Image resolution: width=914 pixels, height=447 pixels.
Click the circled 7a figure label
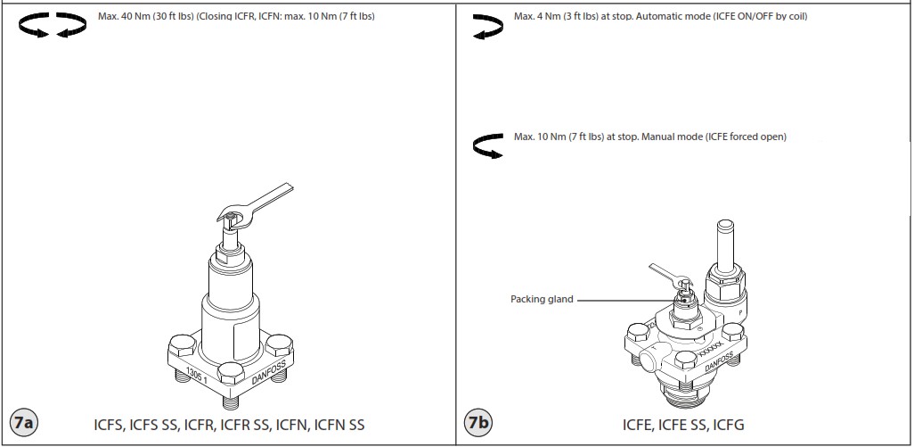(22, 423)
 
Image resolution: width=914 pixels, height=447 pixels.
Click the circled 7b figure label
(478, 423)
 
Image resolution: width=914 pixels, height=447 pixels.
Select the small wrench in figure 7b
(668, 277)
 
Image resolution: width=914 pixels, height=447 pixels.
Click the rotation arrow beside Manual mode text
(489, 145)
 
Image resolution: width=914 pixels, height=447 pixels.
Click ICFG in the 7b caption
(730, 424)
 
